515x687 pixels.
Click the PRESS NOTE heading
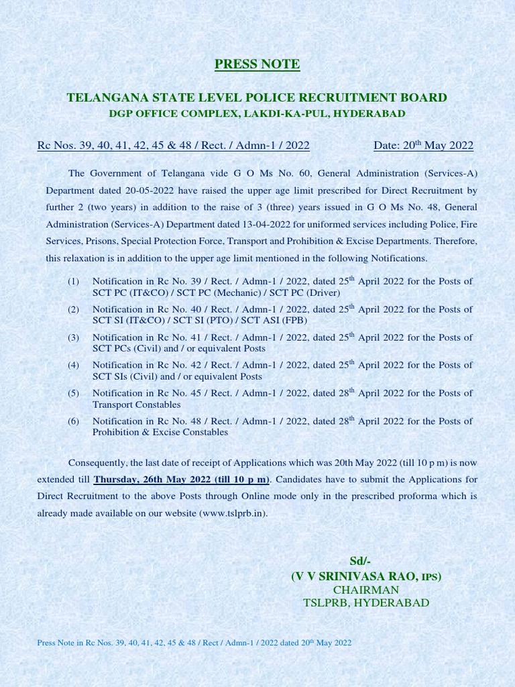257,64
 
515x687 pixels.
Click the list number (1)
73,281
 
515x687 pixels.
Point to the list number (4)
73,365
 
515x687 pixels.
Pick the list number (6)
73,421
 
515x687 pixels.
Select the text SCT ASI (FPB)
277,321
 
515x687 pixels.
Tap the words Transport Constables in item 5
136,405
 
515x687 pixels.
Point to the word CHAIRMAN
365,590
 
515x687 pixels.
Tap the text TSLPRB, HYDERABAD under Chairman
366,602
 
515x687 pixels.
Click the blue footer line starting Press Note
194,643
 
